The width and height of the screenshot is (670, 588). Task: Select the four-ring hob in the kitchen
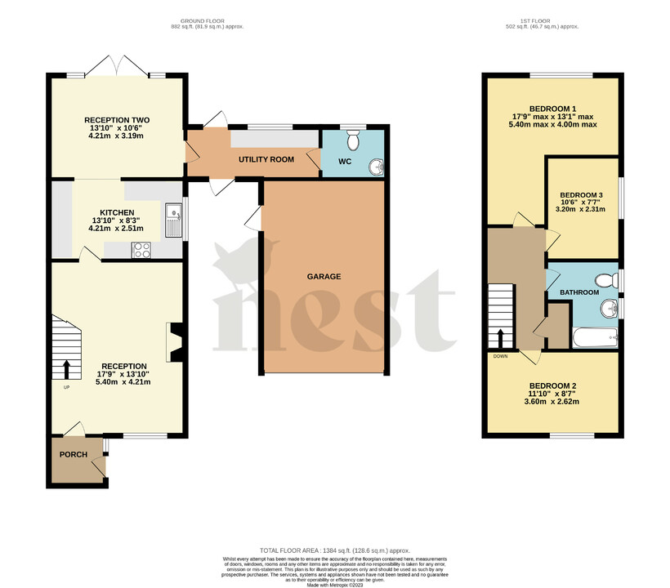pos(141,251)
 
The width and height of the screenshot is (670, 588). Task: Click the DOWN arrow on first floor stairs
pos(499,336)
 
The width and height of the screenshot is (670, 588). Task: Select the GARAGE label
pos(324,277)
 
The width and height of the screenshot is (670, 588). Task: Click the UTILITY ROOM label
pos(266,159)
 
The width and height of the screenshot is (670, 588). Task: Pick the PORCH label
pos(73,454)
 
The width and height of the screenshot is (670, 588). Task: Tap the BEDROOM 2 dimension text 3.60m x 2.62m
pos(554,402)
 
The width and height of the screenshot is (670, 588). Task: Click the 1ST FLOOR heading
pos(542,20)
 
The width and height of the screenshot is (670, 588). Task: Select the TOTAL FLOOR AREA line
pos(335,552)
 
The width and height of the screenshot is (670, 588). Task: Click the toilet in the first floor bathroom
pos(606,281)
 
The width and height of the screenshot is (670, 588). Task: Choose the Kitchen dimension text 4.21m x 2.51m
pos(117,229)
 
